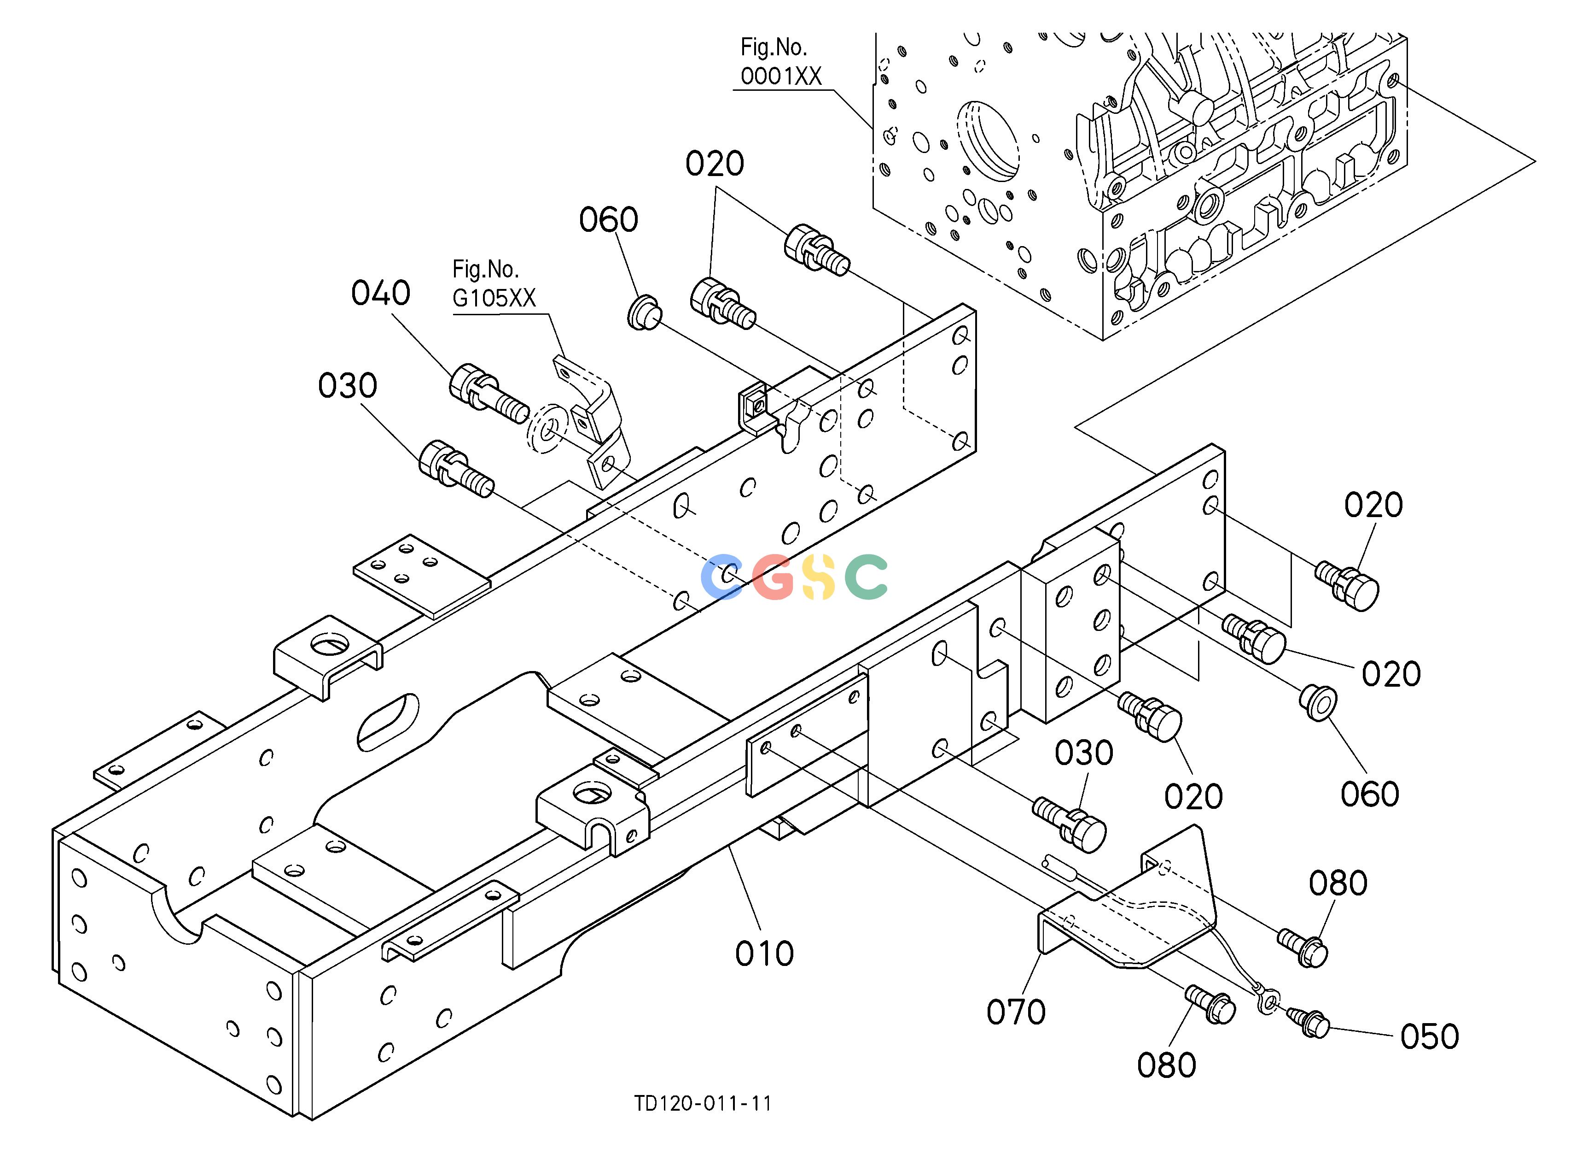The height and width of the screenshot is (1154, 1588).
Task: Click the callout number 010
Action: pos(764,954)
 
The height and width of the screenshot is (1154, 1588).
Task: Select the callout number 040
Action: pos(380,293)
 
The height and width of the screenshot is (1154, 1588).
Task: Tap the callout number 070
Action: pos(1016,1012)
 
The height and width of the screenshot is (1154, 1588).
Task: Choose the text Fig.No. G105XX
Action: pos(494,284)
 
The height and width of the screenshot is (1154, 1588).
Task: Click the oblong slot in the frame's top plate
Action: pos(388,722)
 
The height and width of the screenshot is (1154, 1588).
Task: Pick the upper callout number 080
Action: pos(1338,883)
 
